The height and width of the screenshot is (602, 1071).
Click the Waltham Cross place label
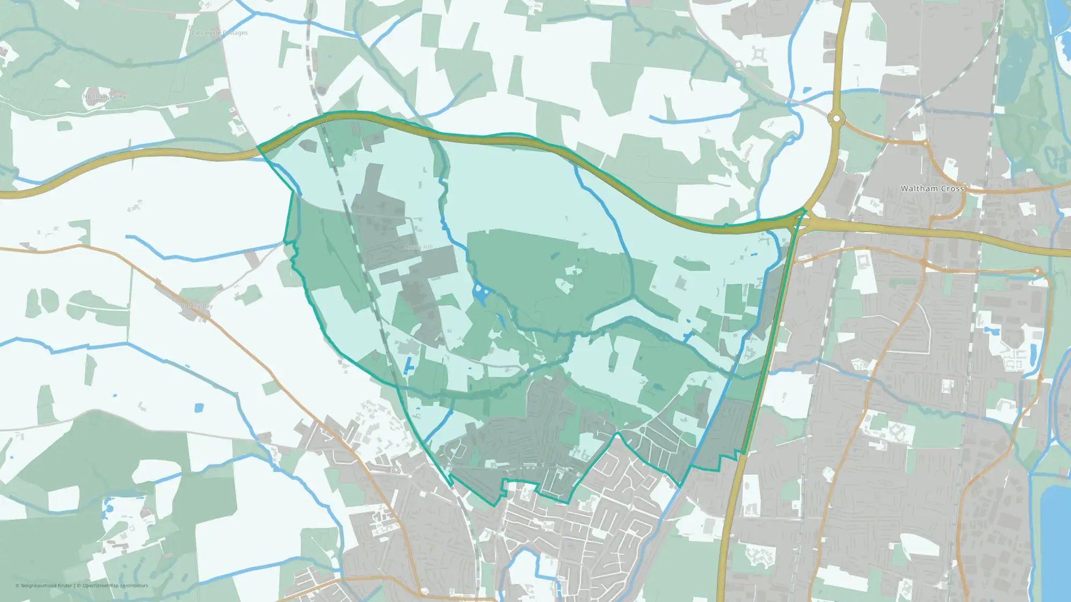tap(932, 188)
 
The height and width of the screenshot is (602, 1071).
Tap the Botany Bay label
tap(197, 306)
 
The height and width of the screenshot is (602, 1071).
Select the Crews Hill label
tap(419, 247)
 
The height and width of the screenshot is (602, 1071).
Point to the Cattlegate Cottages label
tap(220, 33)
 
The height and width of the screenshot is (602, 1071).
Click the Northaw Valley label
tap(104, 96)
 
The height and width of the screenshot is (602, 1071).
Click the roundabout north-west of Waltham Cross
tap(836, 118)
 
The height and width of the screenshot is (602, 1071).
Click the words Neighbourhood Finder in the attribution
tap(46, 585)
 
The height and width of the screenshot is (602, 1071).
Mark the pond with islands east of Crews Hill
tap(480, 293)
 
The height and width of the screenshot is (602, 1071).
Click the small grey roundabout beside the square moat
tap(738, 65)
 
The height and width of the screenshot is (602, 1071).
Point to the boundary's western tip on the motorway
tap(258, 147)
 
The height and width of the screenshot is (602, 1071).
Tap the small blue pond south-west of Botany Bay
tap(199, 408)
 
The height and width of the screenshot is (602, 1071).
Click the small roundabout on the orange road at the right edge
tap(1037, 271)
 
